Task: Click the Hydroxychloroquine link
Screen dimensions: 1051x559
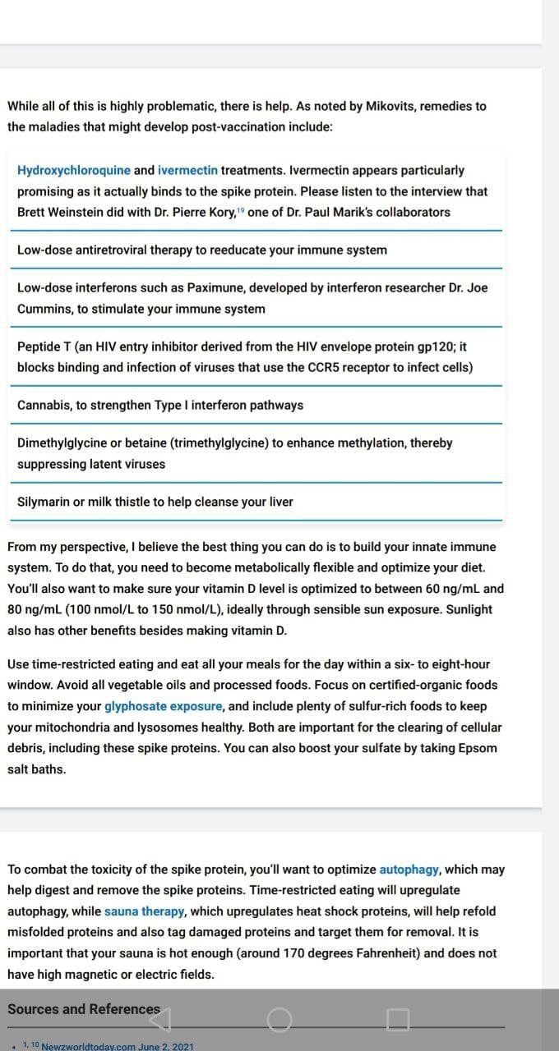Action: pyautogui.click(x=73, y=171)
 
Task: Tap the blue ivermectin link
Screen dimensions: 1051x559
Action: pyautogui.click(x=187, y=171)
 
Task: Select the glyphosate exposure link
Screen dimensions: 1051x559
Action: pyautogui.click(x=163, y=706)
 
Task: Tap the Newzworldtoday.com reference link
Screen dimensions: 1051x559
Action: pyautogui.click(x=117, y=1046)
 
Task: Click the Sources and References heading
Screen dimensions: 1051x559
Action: pyautogui.click(x=84, y=1009)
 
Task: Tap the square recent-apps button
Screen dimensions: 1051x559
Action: pyautogui.click(x=398, y=1020)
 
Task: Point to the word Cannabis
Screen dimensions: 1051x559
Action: pyautogui.click(x=44, y=406)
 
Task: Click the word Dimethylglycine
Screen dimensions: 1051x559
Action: pyautogui.click(x=62, y=443)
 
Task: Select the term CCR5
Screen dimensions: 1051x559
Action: pyautogui.click(x=326, y=368)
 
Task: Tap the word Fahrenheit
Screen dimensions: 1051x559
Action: pyautogui.click(x=384, y=953)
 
